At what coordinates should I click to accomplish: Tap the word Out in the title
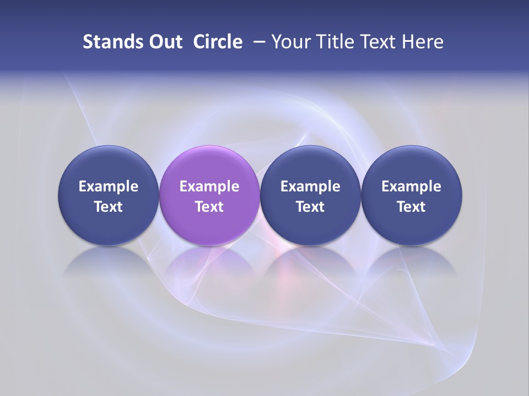[165, 42]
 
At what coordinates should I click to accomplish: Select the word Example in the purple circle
[209, 187]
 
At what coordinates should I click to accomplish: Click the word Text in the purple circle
[209, 207]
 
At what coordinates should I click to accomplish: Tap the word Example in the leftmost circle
[109, 187]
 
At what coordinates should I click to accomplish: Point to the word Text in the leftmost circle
[109, 207]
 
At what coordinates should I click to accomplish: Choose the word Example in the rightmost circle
[411, 187]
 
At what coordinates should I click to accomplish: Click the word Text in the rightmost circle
[411, 207]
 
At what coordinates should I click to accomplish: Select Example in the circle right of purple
[310, 187]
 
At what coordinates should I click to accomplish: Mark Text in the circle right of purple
[310, 207]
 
